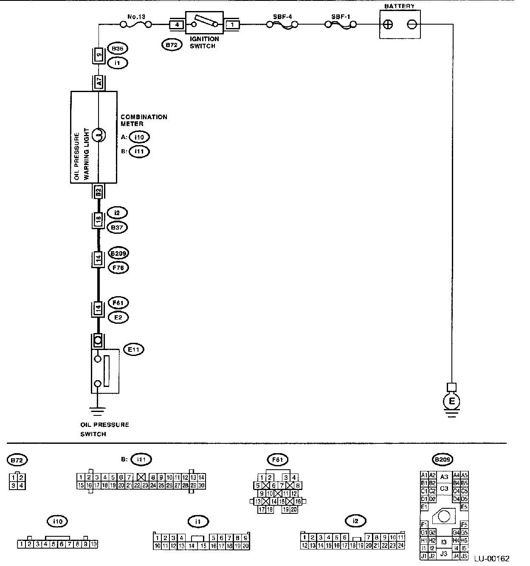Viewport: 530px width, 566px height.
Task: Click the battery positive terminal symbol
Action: (x=387, y=25)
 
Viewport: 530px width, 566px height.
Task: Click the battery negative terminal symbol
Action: (x=412, y=25)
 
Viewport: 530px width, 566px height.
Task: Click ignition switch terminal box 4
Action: (x=177, y=25)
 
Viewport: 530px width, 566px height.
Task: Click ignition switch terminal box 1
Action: (x=232, y=25)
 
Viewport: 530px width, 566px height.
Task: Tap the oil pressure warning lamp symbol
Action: (x=98, y=135)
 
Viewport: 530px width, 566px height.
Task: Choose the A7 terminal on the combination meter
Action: (x=99, y=83)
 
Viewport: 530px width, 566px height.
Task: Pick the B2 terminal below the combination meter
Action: (x=99, y=191)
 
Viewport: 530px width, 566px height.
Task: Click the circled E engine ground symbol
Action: (x=452, y=401)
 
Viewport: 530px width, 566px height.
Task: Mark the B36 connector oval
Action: (x=118, y=48)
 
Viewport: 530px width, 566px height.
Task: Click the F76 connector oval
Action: (x=118, y=268)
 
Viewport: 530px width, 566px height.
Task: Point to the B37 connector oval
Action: (x=118, y=227)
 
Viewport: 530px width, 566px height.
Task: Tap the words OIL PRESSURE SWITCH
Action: (x=104, y=429)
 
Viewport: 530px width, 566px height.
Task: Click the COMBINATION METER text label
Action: (x=144, y=120)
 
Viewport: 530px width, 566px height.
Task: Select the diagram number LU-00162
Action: (x=492, y=559)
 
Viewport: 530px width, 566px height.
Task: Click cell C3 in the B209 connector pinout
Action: (x=444, y=488)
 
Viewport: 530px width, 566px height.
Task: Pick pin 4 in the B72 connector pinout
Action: (x=21, y=485)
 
